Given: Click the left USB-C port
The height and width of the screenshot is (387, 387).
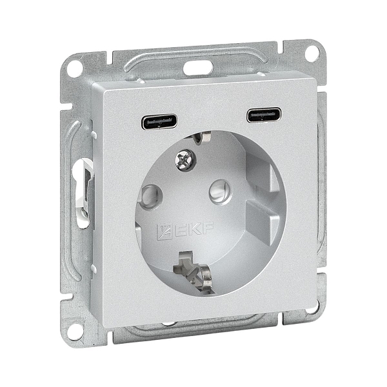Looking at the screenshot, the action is pos(159,121).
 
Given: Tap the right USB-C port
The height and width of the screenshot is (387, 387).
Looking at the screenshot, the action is pos(264,115).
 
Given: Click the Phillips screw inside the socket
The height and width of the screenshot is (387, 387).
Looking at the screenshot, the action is pos(185,160).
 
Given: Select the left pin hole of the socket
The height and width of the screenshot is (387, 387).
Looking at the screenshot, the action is pos(150,197).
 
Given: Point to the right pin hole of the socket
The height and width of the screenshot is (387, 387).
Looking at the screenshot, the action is pos(220,192).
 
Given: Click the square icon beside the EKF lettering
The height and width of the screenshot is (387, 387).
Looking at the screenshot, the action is pos(164,231).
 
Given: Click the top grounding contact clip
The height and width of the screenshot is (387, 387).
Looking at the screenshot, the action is pos(201,137).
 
